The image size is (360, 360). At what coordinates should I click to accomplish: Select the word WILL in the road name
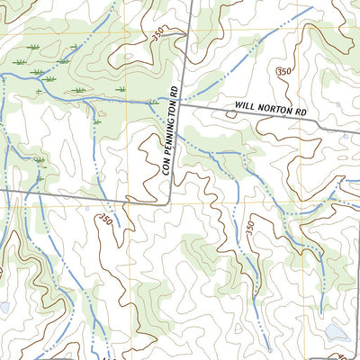(x=247, y=105)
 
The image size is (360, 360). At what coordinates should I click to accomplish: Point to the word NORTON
(x=274, y=108)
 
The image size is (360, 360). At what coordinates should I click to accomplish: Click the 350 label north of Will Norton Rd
(x=285, y=71)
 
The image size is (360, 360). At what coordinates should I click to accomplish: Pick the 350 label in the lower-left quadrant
(x=106, y=219)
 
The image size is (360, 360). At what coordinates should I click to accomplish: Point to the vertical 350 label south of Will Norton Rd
(x=249, y=229)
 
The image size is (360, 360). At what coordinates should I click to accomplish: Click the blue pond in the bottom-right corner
(x=337, y=334)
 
